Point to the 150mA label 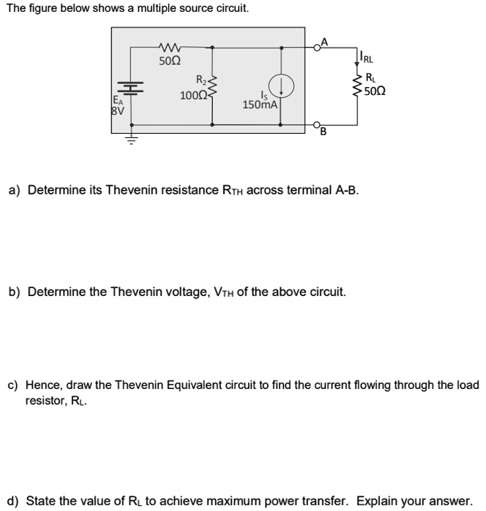click(x=260, y=104)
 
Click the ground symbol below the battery click(x=131, y=140)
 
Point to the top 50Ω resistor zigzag click(x=170, y=47)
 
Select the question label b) click(x=13, y=291)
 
